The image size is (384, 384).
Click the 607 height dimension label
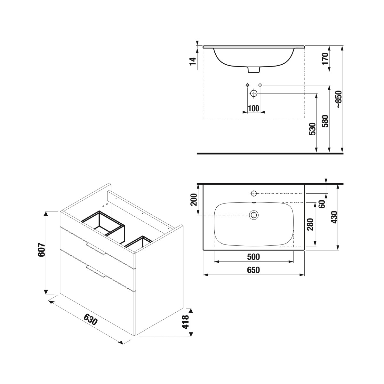coord(42,252)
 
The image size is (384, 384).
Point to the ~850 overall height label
coord(339,99)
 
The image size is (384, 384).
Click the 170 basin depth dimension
coord(325,59)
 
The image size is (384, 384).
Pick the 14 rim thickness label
coord(193,61)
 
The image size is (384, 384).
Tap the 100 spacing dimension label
coord(253,108)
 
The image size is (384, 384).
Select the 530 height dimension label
coord(312,129)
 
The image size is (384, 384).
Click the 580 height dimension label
coord(325,121)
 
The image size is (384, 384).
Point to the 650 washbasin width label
coord(253,270)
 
